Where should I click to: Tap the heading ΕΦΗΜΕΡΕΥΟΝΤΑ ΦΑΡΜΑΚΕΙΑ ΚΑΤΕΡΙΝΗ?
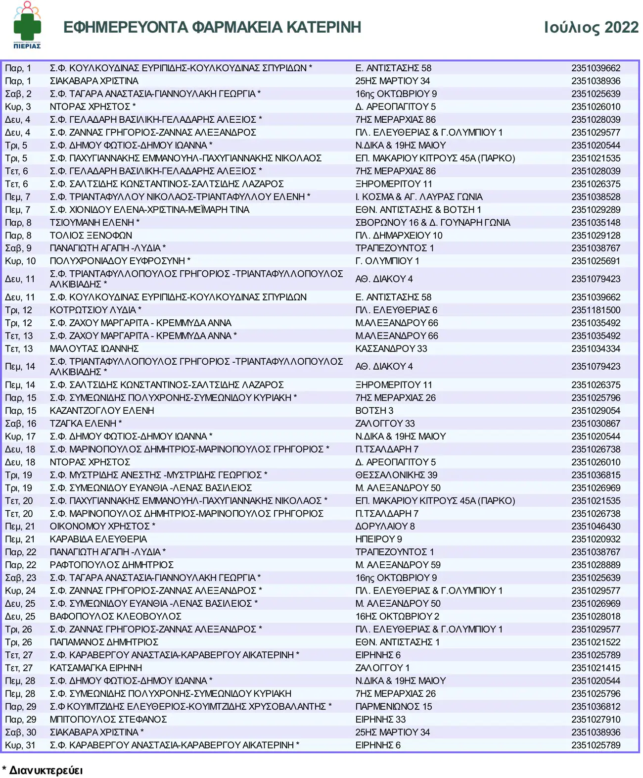coord(212,27)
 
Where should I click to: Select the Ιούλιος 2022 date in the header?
coord(591,27)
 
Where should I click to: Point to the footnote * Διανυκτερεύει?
coord(43,770)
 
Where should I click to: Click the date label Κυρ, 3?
coord(18,107)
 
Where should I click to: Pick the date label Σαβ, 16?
coord(20,424)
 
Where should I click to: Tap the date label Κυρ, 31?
coord(20,745)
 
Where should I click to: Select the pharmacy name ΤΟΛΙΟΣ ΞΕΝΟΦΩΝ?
coord(91,236)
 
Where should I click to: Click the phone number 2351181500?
coord(596,310)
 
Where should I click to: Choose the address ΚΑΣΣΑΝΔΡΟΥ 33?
coord(391,349)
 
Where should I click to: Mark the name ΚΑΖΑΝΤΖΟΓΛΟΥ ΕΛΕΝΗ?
coord(102,411)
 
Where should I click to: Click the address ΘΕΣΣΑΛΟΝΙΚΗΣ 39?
coord(396,475)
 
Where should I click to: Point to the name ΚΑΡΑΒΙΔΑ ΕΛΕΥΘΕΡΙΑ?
coord(98,539)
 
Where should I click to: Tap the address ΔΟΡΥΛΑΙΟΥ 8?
coord(385,527)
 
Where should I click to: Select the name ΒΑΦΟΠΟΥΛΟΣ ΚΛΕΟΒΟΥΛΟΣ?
coord(116,617)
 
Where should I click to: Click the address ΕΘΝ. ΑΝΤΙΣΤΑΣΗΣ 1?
coord(397,642)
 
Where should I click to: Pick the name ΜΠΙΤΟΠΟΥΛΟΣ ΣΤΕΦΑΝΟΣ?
coord(108,720)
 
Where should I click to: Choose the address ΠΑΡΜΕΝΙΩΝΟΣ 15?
coord(393,707)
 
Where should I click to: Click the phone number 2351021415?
coord(596,668)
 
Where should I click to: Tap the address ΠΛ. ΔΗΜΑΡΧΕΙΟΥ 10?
coord(399,236)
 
